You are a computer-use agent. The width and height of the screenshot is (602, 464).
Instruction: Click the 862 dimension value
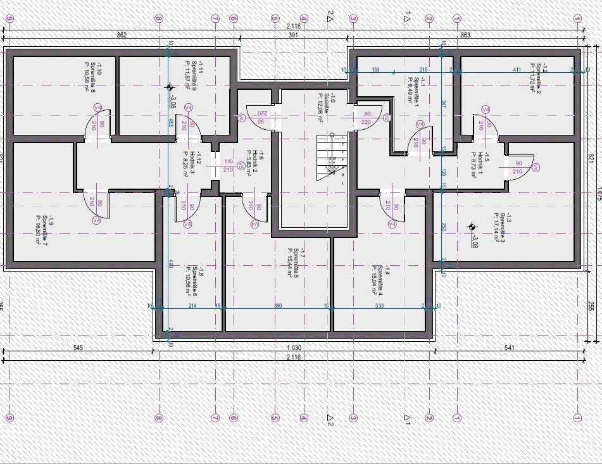123,35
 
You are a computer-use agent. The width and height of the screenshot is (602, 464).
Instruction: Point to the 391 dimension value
294,35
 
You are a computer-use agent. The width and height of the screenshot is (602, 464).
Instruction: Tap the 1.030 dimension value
293,348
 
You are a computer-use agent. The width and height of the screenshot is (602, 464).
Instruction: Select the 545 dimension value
78,348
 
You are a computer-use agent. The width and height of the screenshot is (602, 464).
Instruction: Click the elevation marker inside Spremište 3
471,227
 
